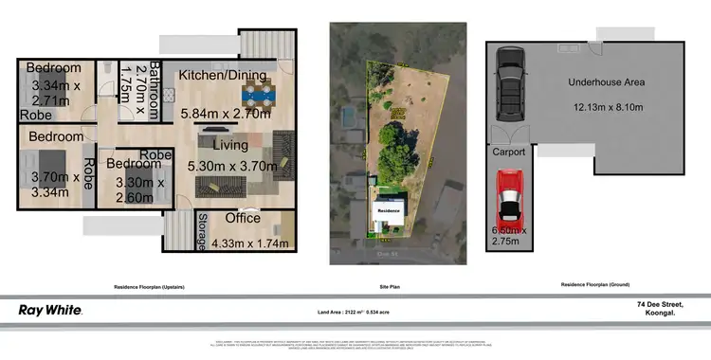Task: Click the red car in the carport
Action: coord(510,202)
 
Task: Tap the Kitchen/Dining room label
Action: coord(224,73)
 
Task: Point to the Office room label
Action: coord(244,219)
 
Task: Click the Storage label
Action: coord(201,232)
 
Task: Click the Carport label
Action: coord(508,152)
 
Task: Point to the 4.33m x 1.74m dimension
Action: coord(245,243)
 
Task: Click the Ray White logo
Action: coord(50,310)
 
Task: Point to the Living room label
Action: coord(230,145)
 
